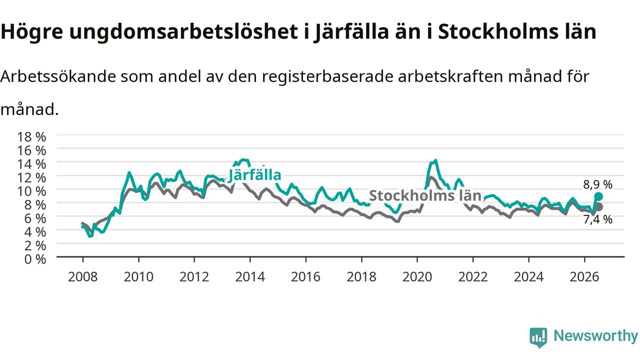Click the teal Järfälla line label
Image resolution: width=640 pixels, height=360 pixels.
(x=254, y=175)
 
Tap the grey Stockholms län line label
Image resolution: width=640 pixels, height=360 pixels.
(x=425, y=195)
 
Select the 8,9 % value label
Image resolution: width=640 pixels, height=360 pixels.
(x=597, y=185)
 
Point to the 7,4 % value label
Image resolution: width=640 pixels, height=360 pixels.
(x=597, y=219)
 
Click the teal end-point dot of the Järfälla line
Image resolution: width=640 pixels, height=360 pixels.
(x=598, y=196)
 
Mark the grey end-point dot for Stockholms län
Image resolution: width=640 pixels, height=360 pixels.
(x=599, y=207)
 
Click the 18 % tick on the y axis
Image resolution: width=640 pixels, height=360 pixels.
(x=31, y=137)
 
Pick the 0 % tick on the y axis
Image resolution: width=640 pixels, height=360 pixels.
(x=35, y=259)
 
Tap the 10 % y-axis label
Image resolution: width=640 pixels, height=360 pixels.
(x=31, y=191)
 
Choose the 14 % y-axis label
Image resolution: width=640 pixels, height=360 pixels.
(x=31, y=164)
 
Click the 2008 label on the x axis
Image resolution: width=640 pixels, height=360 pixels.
(x=83, y=277)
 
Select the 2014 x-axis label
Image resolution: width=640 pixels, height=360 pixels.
(x=250, y=277)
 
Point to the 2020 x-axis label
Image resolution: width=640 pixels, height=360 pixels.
(x=417, y=277)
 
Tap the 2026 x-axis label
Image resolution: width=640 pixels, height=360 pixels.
(x=584, y=277)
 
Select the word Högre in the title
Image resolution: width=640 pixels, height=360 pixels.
(x=31, y=32)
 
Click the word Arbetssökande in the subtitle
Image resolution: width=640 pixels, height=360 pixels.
(x=58, y=76)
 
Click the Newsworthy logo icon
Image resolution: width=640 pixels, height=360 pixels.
(x=538, y=337)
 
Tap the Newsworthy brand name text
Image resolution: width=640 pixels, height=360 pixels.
(x=595, y=336)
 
